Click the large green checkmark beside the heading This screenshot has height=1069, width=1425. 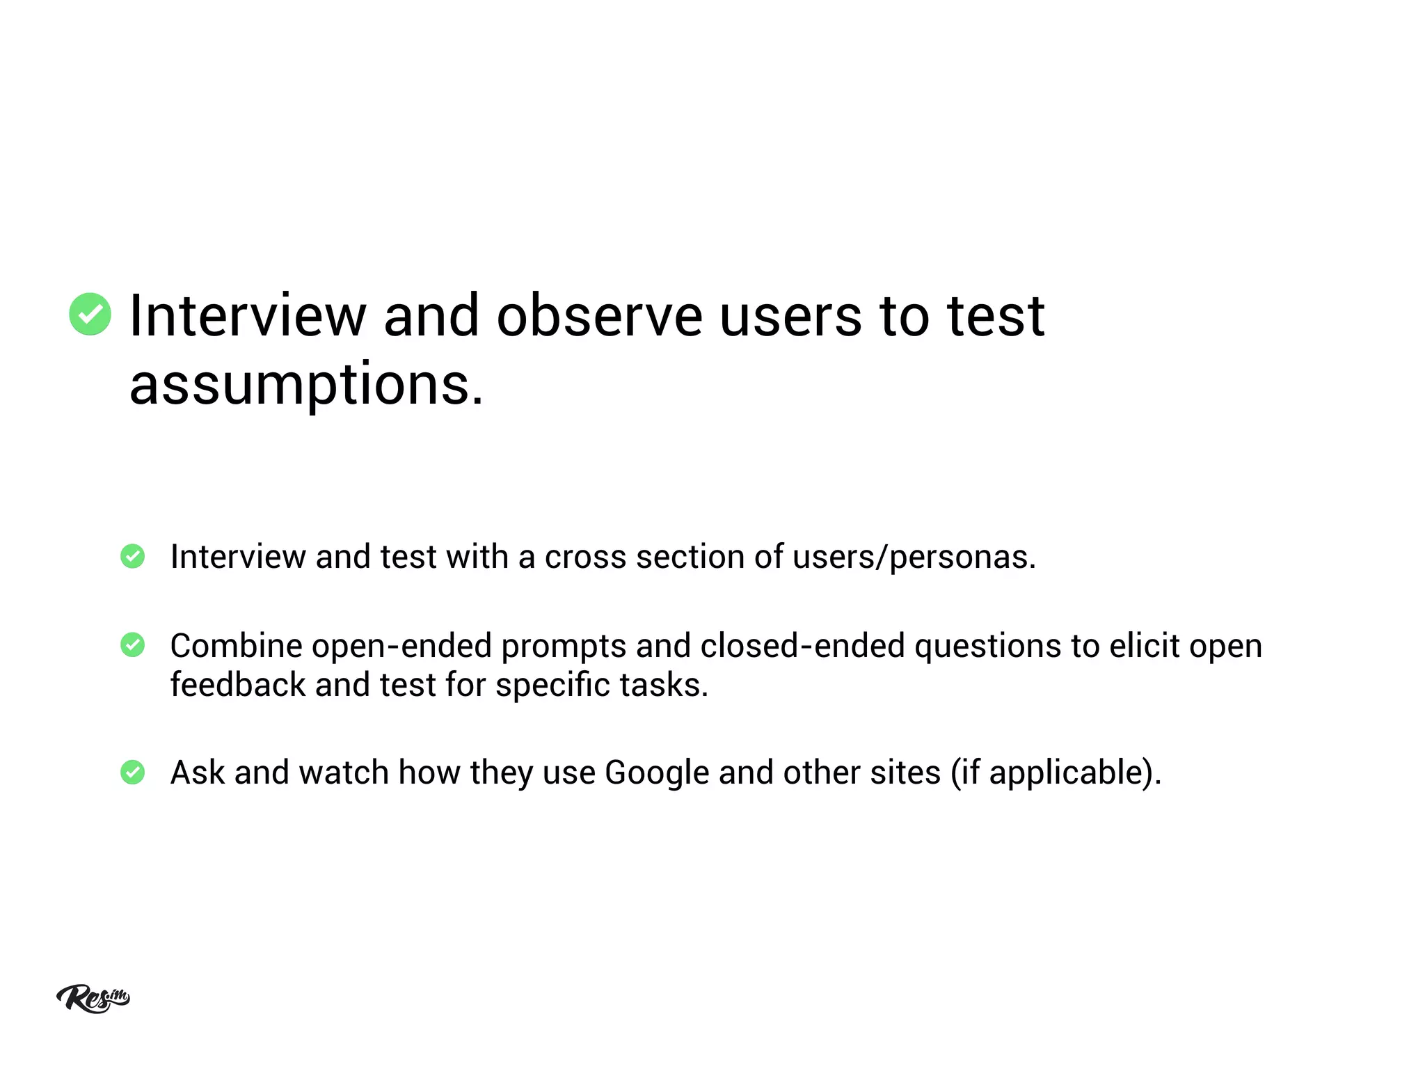pos(90,315)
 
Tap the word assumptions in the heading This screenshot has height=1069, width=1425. pos(305,384)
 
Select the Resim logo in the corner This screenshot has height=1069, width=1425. pos(93,999)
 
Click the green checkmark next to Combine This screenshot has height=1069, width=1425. pos(132,645)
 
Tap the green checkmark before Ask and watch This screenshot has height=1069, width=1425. pos(132,773)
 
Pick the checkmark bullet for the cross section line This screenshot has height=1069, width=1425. pos(132,557)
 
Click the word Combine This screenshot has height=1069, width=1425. pos(236,647)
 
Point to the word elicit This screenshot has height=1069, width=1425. pos(1144,646)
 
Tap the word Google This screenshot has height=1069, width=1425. pos(657,773)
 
